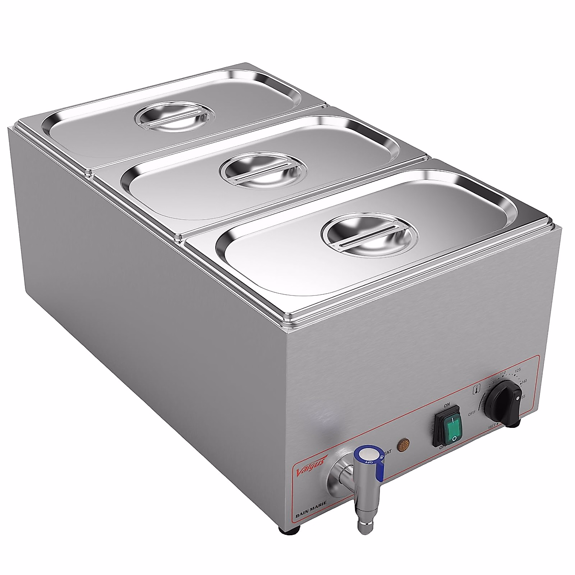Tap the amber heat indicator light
pos(404,445)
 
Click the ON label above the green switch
pos(447,405)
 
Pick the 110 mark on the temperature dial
pos(503,373)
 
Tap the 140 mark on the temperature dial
pos(524,381)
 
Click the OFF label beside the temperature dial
pos(471,412)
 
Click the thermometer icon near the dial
pos(477,389)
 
